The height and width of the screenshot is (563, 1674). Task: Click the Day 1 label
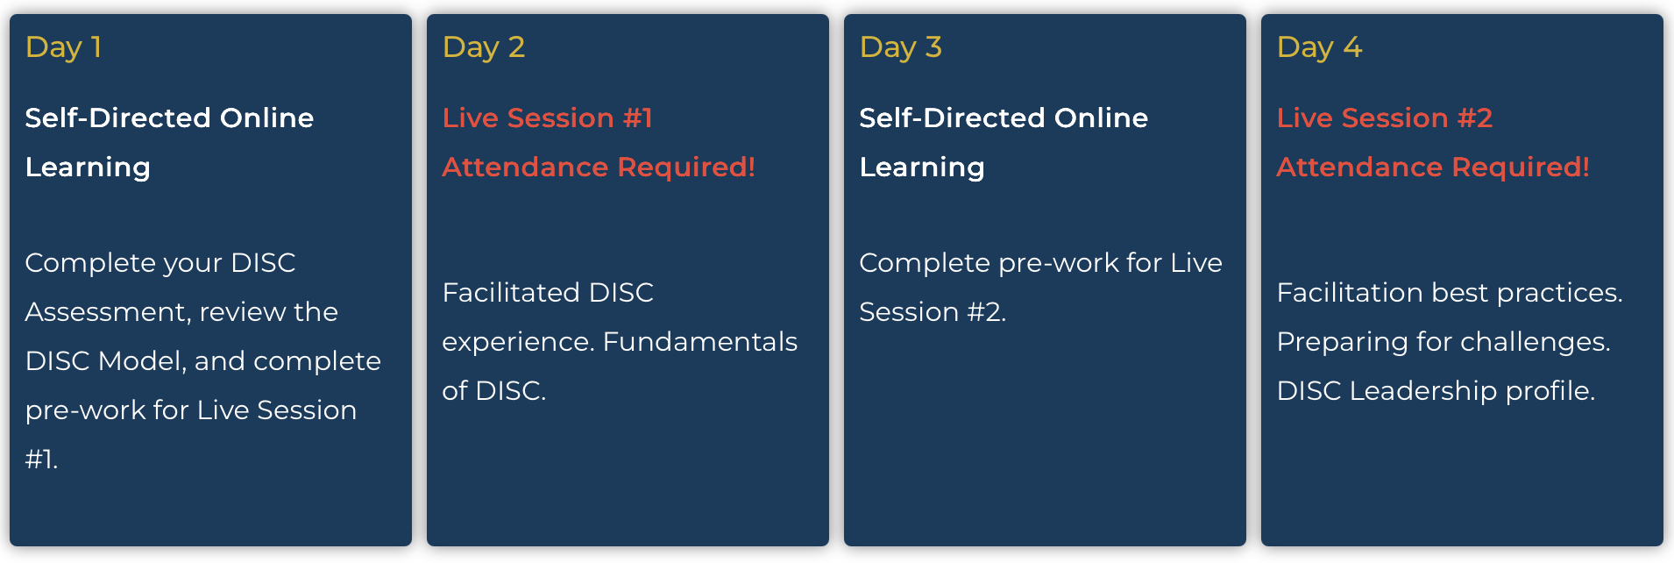[63, 47]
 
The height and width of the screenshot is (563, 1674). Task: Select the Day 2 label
[483, 47]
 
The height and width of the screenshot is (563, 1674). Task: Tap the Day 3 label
[900, 47]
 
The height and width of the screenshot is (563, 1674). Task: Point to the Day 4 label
[1319, 47]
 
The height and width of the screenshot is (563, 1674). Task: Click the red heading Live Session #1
[547, 118]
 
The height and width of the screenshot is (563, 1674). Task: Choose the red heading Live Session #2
[1384, 118]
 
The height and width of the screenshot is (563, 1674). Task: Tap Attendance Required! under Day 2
[598, 167]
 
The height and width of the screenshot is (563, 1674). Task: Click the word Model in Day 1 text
[140, 361]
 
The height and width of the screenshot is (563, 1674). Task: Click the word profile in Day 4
[1549, 391]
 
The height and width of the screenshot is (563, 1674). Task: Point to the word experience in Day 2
[517, 342]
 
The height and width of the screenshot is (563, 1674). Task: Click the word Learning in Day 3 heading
[921, 167]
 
